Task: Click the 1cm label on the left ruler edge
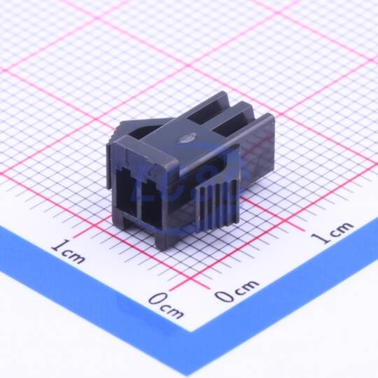pos(69,251)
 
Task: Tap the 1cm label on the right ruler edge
pos(332,232)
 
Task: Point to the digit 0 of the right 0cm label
pos(224,295)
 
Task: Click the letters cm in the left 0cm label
pos(172,311)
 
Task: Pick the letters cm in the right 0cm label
pos(246,287)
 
